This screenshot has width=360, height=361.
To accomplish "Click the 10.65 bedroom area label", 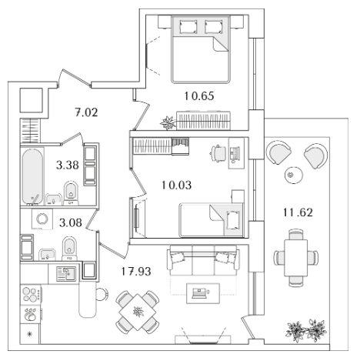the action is [199, 96].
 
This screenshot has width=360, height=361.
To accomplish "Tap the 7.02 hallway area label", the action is [87, 112].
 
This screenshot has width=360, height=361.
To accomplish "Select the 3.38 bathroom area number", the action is [68, 165].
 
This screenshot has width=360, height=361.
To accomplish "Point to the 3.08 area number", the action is [71, 222].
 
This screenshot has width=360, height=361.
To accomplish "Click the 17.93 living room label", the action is [136, 271].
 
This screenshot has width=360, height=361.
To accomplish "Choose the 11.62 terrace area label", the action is [298, 212].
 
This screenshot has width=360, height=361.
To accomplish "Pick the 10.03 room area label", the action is [177, 185].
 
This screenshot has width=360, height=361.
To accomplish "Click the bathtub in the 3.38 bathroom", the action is [32, 176].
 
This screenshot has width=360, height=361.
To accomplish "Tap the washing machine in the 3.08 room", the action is [42, 219].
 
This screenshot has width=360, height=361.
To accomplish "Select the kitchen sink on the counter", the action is [66, 273].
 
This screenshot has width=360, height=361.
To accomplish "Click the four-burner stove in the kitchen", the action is [31, 295].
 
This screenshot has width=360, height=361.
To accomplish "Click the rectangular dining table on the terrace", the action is [295, 258].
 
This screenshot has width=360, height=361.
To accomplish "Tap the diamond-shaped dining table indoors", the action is [138, 312].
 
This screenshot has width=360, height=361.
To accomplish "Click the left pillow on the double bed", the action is [188, 27].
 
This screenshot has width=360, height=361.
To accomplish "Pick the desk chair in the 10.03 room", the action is [218, 153].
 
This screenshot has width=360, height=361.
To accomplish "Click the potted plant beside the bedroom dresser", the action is [168, 123].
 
